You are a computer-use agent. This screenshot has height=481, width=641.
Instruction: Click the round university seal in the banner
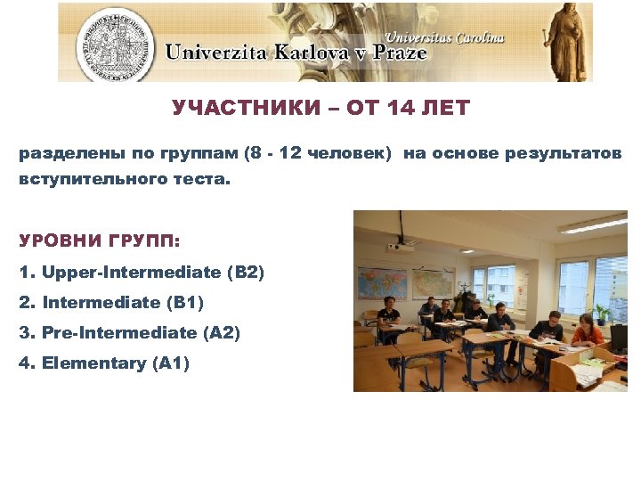coord(115,42)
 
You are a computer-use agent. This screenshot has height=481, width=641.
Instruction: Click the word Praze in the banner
coord(393,53)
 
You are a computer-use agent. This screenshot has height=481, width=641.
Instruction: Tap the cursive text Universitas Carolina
coord(445,37)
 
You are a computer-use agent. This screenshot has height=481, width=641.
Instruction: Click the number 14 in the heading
coord(400,109)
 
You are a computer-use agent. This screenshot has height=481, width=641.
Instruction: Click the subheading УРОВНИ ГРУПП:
coord(98,241)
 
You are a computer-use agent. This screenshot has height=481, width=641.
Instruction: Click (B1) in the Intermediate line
coord(185,302)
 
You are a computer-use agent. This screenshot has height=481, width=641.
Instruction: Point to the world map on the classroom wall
coord(382,283)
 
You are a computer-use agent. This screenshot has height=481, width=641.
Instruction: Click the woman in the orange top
coord(585,330)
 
